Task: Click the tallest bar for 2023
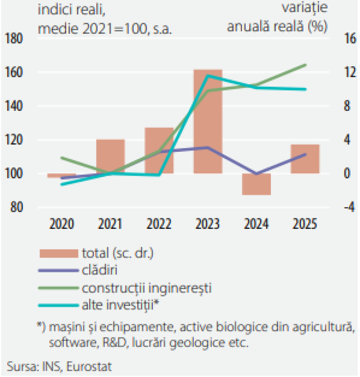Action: [x=208, y=122]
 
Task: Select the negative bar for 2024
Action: [x=256, y=184]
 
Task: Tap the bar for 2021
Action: [x=110, y=156]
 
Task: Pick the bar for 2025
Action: [x=305, y=159]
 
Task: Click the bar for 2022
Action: [x=159, y=150]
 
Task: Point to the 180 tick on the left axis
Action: [x=13, y=38]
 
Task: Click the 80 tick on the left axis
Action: [x=17, y=207]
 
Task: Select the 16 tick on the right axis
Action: [x=350, y=38]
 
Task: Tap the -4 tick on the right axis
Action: [x=350, y=207]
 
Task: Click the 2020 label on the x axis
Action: [x=62, y=224]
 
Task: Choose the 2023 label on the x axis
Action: [x=208, y=224]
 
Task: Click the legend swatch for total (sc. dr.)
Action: [x=59, y=254]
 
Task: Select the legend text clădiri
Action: [x=99, y=270]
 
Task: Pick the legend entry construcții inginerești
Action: [x=147, y=288]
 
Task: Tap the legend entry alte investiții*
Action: [x=121, y=305]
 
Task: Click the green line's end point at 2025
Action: [x=306, y=65]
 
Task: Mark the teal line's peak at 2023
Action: [x=208, y=76]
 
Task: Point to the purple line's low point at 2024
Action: [x=256, y=173]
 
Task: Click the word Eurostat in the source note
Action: [x=89, y=367]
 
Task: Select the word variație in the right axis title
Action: [x=305, y=8]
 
